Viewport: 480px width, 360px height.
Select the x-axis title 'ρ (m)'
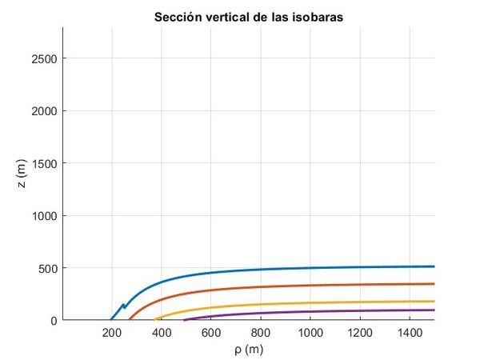[x=248, y=350]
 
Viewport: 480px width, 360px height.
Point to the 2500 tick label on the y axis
[x=43, y=58]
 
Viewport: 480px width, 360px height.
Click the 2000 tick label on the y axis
[x=43, y=110]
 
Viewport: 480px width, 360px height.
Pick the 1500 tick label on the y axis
[x=43, y=163]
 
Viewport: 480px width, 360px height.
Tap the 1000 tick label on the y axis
[x=43, y=215]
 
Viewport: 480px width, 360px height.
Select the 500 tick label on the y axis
[x=46, y=268]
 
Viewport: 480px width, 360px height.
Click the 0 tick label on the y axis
[x=53, y=320]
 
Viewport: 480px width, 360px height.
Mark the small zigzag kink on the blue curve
[x=123, y=306]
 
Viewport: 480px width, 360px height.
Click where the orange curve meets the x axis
[x=130, y=319]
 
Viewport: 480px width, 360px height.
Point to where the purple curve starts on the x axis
[x=184, y=319]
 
